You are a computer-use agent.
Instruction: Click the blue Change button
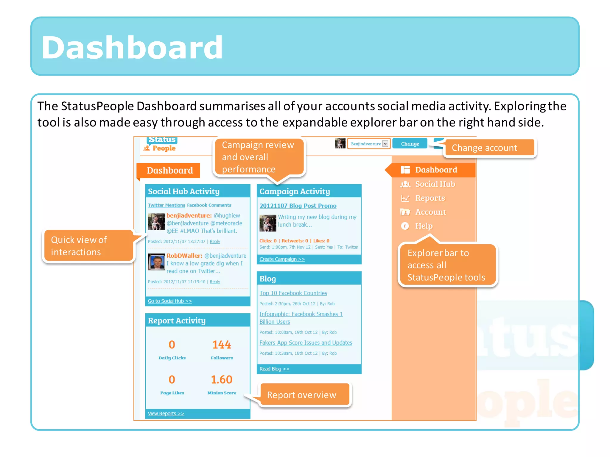click(410, 144)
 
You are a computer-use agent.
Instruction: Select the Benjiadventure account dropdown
click(369, 144)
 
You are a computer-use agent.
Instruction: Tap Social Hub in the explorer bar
click(435, 184)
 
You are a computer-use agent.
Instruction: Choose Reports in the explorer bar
click(430, 198)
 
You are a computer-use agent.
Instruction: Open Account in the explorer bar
click(430, 212)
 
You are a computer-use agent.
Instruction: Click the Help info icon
click(405, 226)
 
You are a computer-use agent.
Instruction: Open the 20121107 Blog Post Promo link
click(298, 206)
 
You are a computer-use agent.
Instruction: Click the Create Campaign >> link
click(282, 259)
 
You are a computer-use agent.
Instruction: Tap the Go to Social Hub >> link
click(170, 301)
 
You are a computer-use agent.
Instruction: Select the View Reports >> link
click(166, 414)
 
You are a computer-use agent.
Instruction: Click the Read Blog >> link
click(274, 369)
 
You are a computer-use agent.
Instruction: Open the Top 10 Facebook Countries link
click(293, 293)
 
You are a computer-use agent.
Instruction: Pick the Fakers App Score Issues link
click(306, 343)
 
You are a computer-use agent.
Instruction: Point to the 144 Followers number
click(222, 345)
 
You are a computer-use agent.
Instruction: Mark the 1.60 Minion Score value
click(222, 380)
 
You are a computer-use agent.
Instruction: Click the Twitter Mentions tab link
click(166, 205)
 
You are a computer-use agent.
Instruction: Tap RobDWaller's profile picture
click(156, 262)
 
